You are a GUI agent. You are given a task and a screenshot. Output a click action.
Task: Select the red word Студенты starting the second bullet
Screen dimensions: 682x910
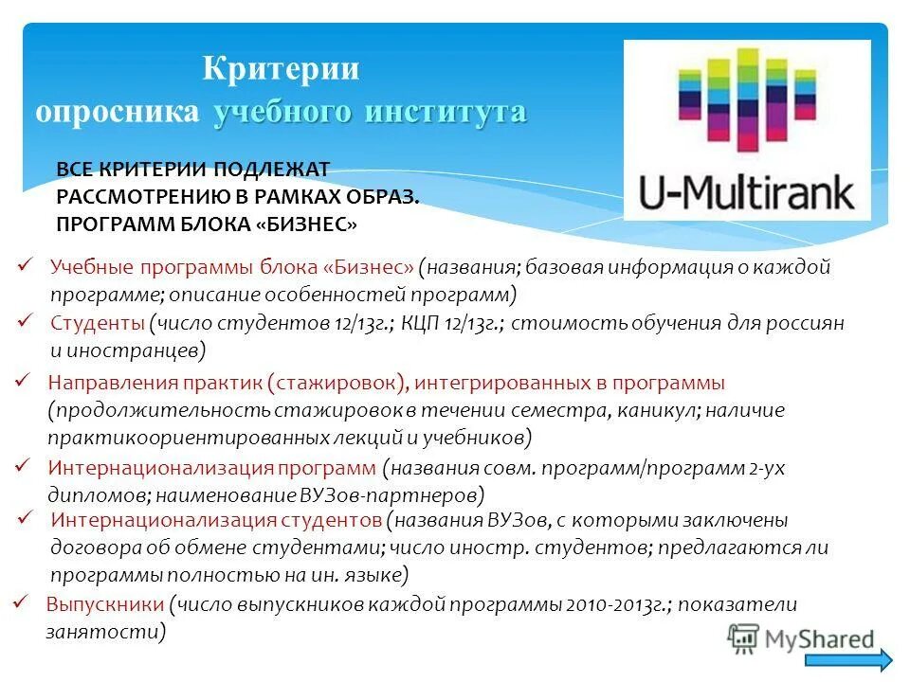(97, 323)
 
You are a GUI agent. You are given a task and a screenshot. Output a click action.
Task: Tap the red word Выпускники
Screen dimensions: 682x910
(104, 605)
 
